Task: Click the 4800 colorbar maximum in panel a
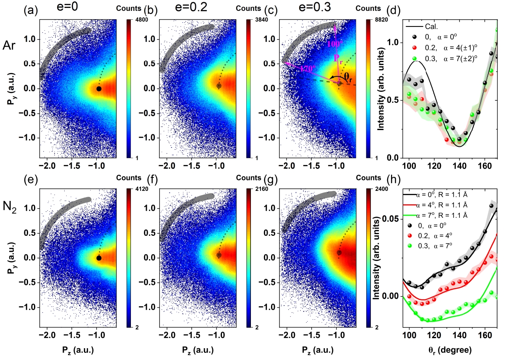point(133,25)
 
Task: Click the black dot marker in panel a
point(99,89)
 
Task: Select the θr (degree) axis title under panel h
point(450,349)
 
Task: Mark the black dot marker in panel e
point(99,258)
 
